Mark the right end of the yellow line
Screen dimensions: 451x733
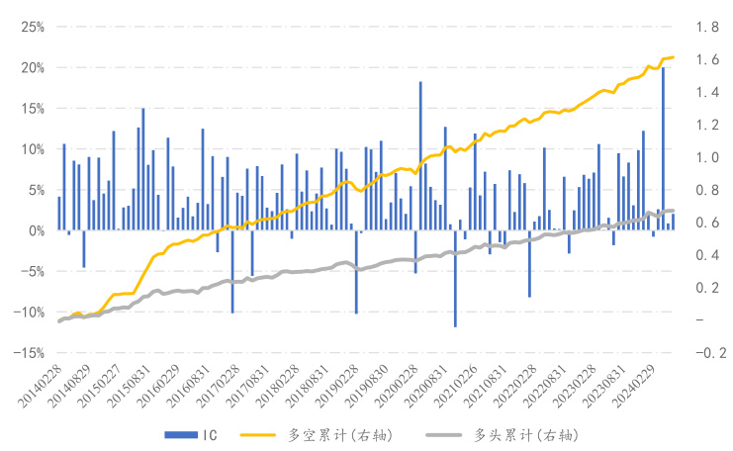[x=673, y=57]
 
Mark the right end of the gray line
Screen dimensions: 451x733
[x=673, y=211]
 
